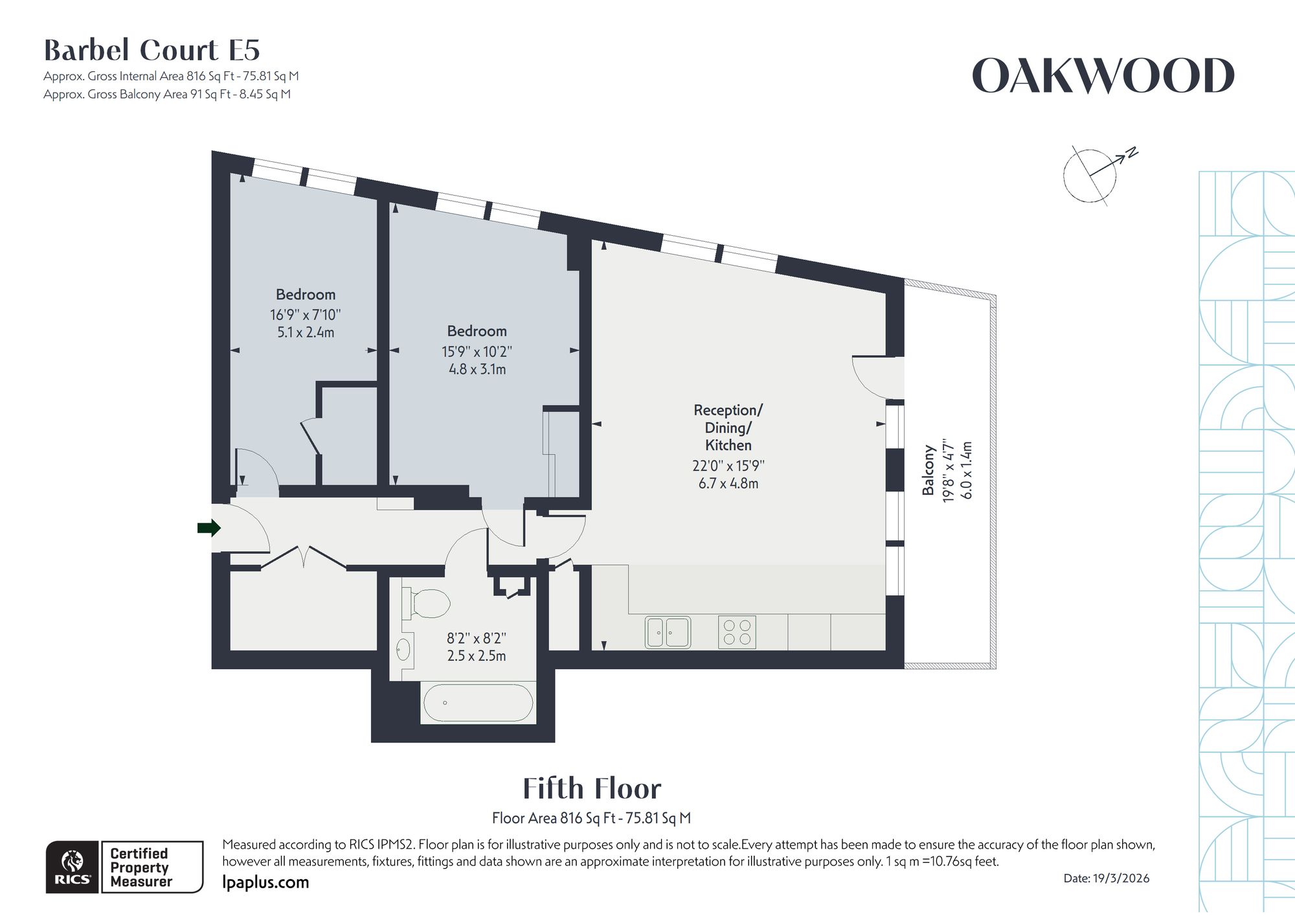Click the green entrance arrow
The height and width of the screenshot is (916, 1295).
[209, 528]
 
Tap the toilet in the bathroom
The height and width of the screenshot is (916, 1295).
[426, 603]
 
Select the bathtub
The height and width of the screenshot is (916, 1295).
[478, 703]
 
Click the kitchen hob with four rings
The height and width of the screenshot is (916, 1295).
[737, 632]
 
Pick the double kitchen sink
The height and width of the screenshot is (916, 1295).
[668, 632]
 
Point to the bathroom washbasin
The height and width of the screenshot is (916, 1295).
[403, 650]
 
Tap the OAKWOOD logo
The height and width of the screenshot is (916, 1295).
[1103, 76]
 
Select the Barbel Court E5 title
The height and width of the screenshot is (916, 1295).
[152, 50]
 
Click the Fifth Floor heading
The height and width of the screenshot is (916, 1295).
[592, 788]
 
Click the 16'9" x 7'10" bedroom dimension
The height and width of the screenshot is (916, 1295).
[305, 315]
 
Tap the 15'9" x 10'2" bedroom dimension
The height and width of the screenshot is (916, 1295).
[477, 352]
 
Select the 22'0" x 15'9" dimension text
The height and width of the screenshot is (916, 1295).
[728, 466]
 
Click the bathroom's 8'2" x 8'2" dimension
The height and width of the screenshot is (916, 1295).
[477, 638]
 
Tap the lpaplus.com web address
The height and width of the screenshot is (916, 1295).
[265, 882]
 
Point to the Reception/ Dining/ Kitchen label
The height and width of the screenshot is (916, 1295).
[728, 428]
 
